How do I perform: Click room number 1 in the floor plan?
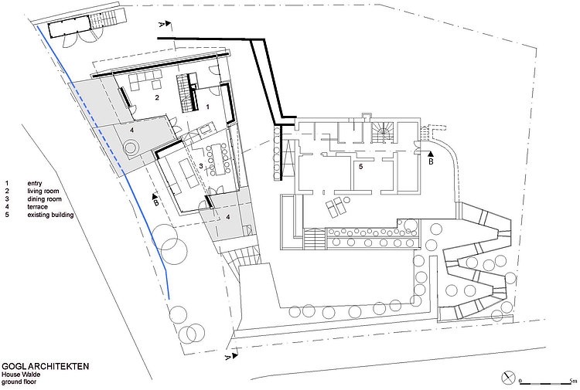coord(207,107)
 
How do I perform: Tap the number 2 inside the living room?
coord(157,98)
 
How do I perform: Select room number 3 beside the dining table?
coord(201,166)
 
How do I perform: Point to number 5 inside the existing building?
coord(360,167)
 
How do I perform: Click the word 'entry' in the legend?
coord(35,183)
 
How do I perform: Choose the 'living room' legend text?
coord(43,191)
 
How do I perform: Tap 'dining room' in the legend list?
coord(44,199)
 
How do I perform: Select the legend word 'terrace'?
coord(37,207)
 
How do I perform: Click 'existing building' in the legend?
coord(50,215)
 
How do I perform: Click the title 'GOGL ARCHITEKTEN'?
coord(46,366)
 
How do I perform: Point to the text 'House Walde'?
coord(21,375)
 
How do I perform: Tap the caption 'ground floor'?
coord(19,382)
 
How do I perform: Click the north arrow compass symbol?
coord(508,378)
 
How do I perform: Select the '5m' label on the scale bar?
coord(573,381)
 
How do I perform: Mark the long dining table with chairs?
coord(217,159)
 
